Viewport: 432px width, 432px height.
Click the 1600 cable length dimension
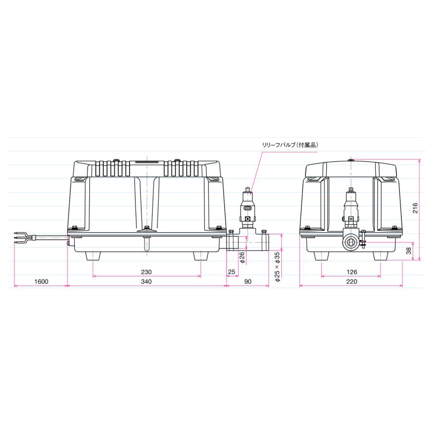(x=41, y=281)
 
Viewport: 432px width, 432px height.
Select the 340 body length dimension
(x=146, y=281)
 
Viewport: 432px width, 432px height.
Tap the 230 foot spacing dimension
(x=146, y=272)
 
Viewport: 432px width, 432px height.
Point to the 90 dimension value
(x=248, y=281)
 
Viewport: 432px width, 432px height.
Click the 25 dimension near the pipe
(x=232, y=272)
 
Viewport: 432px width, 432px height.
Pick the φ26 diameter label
(x=242, y=257)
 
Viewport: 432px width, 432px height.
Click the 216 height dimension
(x=415, y=208)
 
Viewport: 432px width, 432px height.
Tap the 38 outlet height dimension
(x=408, y=251)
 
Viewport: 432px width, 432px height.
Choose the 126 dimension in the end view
(x=351, y=272)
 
